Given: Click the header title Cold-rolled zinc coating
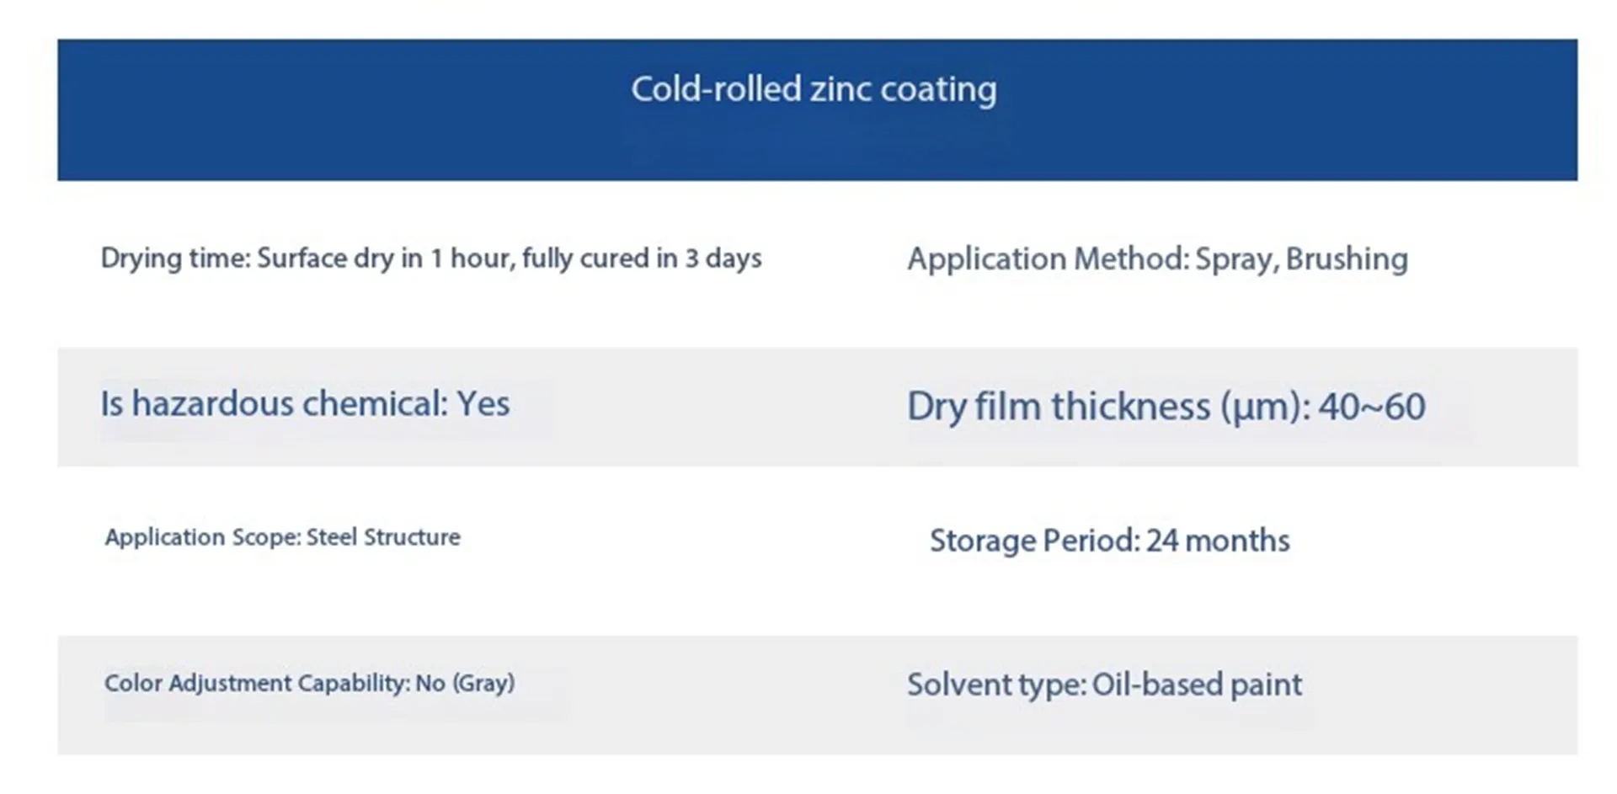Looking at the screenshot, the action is pyautogui.click(x=814, y=89).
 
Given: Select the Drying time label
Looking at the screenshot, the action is pyautogui.click(x=175, y=258).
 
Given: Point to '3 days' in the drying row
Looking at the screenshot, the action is pyautogui.click(x=723, y=258).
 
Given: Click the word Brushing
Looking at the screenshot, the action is pyautogui.click(x=1347, y=259).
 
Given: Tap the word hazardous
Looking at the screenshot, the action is pyautogui.click(x=211, y=403).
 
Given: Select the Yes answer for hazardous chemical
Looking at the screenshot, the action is pyautogui.click(x=483, y=404).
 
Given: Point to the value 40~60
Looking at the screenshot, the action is pyautogui.click(x=1372, y=407).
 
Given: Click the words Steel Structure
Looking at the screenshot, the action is pyautogui.click(x=383, y=537).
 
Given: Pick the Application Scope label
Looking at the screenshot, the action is pyautogui.click(x=202, y=538).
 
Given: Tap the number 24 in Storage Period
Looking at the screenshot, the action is pyautogui.click(x=1162, y=541).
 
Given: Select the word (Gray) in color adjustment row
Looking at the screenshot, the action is pyautogui.click(x=483, y=683).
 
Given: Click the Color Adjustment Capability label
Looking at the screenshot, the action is pyautogui.click(x=257, y=683).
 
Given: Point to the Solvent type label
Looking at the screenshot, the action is pyautogui.click(x=996, y=685).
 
